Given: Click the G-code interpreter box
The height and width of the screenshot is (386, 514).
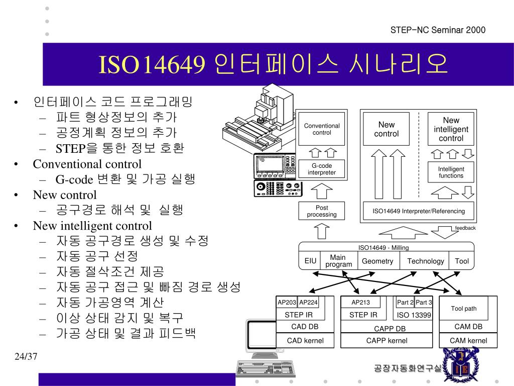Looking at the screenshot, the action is pyautogui.click(x=322, y=169).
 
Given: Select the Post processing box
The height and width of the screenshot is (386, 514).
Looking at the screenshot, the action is pyautogui.click(x=322, y=211).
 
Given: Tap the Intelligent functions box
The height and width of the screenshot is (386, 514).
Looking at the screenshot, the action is pyautogui.click(x=451, y=172).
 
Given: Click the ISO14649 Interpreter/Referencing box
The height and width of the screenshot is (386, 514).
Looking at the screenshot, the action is pyautogui.click(x=419, y=211).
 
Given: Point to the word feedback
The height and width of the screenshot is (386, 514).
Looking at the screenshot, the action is pyautogui.click(x=465, y=228).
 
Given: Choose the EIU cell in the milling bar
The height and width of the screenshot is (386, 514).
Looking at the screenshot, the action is pyautogui.click(x=310, y=261).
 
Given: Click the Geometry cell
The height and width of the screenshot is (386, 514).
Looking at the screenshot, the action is pyautogui.click(x=377, y=261).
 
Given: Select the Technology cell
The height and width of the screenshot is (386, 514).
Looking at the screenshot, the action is pyautogui.click(x=425, y=261).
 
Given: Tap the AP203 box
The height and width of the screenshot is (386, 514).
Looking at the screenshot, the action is pyautogui.click(x=287, y=302).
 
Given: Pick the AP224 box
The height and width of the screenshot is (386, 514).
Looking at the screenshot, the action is pyautogui.click(x=309, y=302).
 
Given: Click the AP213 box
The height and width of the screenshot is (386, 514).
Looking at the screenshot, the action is pyautogui.click(x=360, y=302).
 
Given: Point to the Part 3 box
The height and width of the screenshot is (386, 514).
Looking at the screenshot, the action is pyautogui.click(x=424, y=302).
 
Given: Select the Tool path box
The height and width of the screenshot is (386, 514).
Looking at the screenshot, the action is pyautogui.click(x=464, y=309).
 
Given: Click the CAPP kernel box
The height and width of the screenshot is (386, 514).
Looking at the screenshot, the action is pyautogui.click(x=387, y=341).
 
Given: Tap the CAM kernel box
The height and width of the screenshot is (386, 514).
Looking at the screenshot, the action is pyautogui.click(x=468, y=341).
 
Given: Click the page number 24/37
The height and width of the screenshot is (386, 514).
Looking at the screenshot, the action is pyautogui.click(x=26, y=357).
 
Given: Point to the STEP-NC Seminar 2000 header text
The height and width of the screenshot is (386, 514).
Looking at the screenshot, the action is pyautogui.click(x=438, y=30).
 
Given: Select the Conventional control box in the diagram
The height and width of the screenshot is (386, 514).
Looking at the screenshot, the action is pyautogui.click(x=322, y=129).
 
